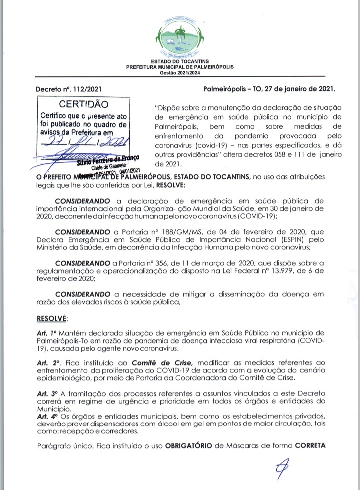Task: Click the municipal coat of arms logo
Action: point(180,35)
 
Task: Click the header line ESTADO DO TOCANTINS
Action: point(180,61)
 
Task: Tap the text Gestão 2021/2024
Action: point(180,72)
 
